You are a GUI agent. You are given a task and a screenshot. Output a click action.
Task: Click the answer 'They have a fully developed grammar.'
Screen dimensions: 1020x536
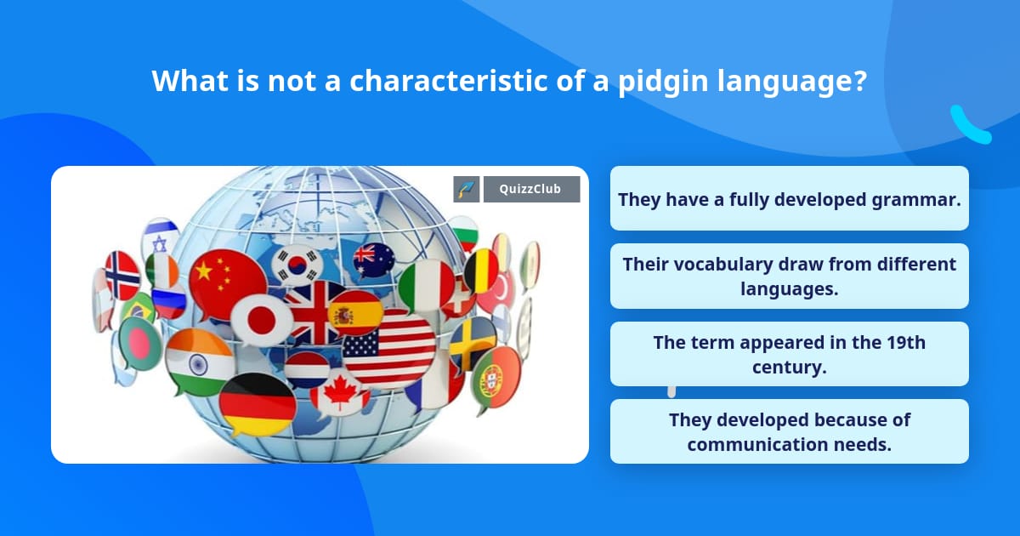click(789, 198)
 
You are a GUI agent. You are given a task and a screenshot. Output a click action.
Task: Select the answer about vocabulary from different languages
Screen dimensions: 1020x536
click(789, 277)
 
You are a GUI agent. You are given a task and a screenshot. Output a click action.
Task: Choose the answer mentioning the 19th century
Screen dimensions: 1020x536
click(789, 354)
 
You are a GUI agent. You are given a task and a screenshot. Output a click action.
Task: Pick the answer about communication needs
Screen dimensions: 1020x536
click(789, 431)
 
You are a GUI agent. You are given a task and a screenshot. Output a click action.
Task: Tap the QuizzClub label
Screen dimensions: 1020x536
click(531, 189)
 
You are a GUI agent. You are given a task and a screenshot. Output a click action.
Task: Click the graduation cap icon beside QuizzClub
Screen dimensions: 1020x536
click(467, 189)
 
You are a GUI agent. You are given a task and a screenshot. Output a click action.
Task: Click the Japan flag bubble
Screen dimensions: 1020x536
click(261, 320)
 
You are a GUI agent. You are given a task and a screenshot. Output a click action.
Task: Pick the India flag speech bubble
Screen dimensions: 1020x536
click(199, 362)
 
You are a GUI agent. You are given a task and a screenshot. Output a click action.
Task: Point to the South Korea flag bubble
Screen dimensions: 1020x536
click(297, 265)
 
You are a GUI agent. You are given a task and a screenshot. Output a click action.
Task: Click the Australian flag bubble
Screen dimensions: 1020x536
click(374, 260)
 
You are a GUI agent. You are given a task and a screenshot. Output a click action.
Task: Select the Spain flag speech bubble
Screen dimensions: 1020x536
click(355, 313)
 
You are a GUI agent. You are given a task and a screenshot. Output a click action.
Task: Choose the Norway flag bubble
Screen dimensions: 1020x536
click(122, 276)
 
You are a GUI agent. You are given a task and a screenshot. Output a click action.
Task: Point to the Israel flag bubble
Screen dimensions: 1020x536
click(160, 237)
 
